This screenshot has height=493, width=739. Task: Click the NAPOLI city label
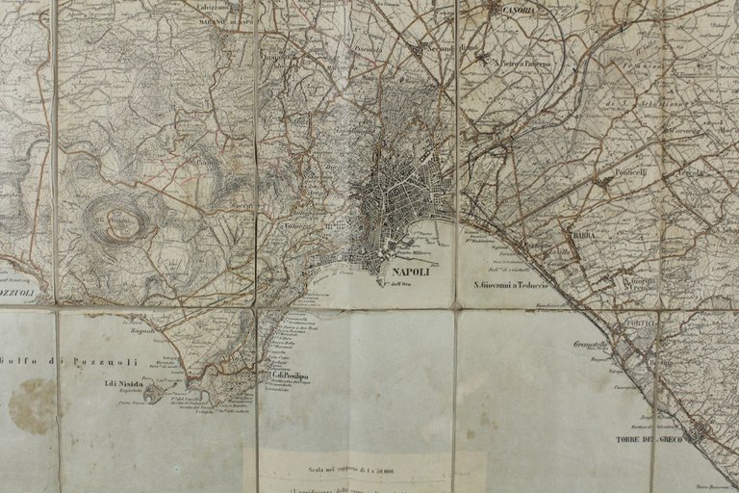coord(409,272)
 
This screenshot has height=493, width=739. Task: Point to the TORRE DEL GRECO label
coord(648,440)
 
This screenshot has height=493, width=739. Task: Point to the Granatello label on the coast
coord(591,343)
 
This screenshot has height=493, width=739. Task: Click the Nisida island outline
coord(152,392)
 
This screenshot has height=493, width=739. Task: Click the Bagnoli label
coord(142,329)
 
